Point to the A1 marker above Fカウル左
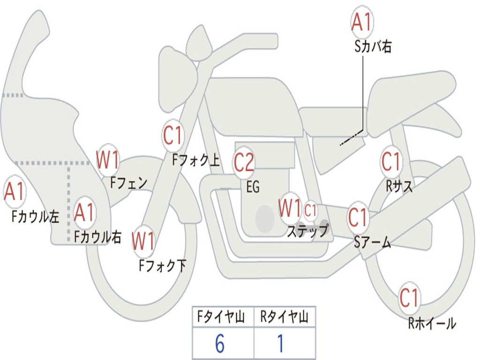(15, 192)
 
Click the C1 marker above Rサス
(391, 162)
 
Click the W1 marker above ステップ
(290, 209)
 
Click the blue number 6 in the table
(220, 345)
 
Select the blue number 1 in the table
(280, 345)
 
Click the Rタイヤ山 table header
(284, 318)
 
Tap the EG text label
(253, 187)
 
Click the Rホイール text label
(432, 323)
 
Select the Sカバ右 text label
(373, 47)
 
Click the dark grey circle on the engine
(264, 218)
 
